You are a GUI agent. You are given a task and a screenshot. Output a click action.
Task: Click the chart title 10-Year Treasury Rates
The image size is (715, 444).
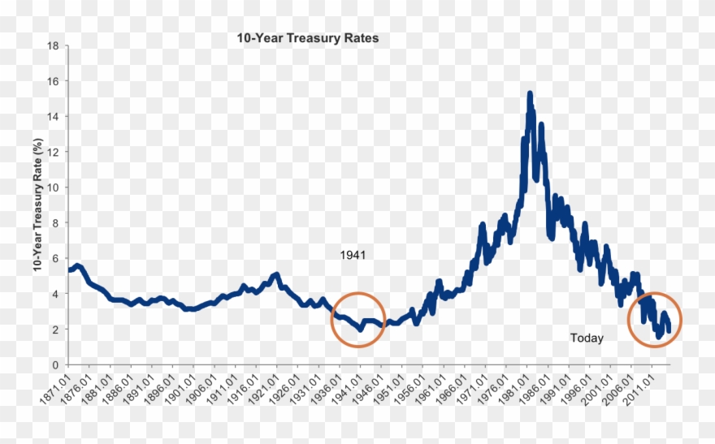[307, 38]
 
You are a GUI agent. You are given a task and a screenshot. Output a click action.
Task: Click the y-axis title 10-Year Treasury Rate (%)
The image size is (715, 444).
[38, 205]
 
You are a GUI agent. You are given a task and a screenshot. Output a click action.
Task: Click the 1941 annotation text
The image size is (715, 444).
[353, 255]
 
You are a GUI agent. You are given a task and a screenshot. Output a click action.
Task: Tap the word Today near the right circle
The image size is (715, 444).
[587, 338]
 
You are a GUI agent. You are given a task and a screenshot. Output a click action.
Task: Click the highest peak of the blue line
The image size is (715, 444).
[530, 94]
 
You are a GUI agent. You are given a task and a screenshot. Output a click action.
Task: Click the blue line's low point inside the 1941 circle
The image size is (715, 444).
[359, 330]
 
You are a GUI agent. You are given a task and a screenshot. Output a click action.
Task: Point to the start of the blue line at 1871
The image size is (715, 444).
[69, 269]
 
